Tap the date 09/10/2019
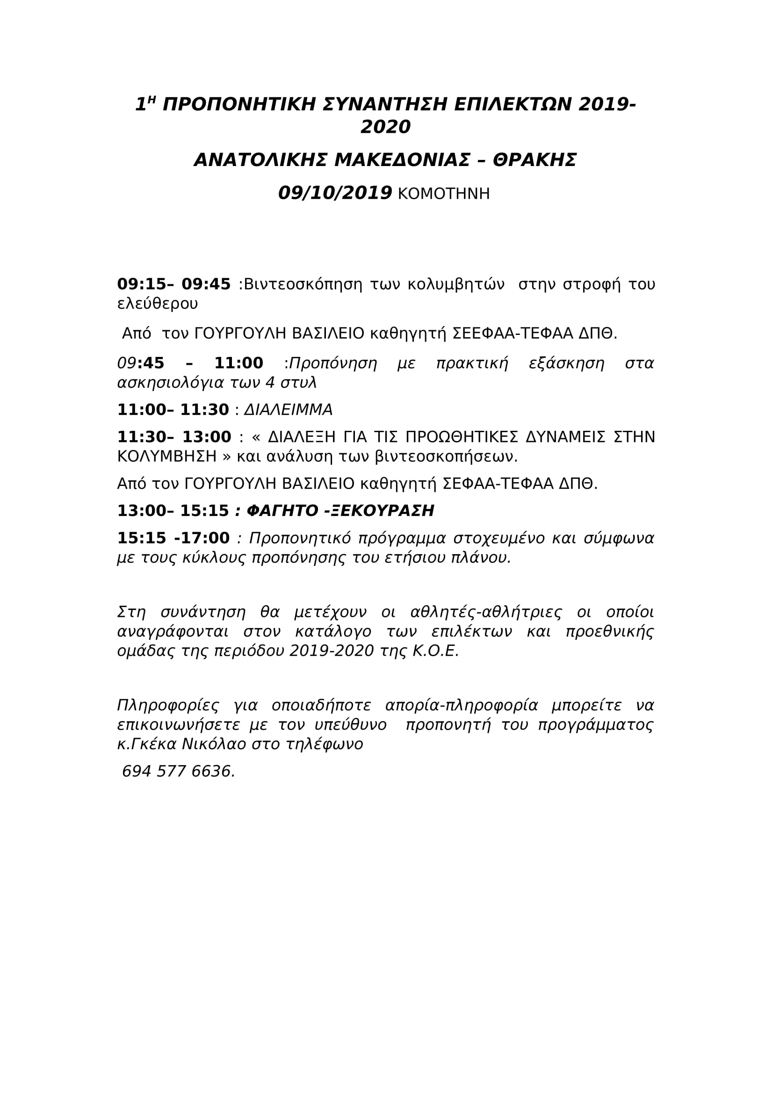coord(335,193)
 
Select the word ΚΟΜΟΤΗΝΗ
coord(443,194)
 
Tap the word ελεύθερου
coord(157,304)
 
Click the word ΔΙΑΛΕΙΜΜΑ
coord(288,410)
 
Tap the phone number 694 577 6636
coord(178,771)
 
